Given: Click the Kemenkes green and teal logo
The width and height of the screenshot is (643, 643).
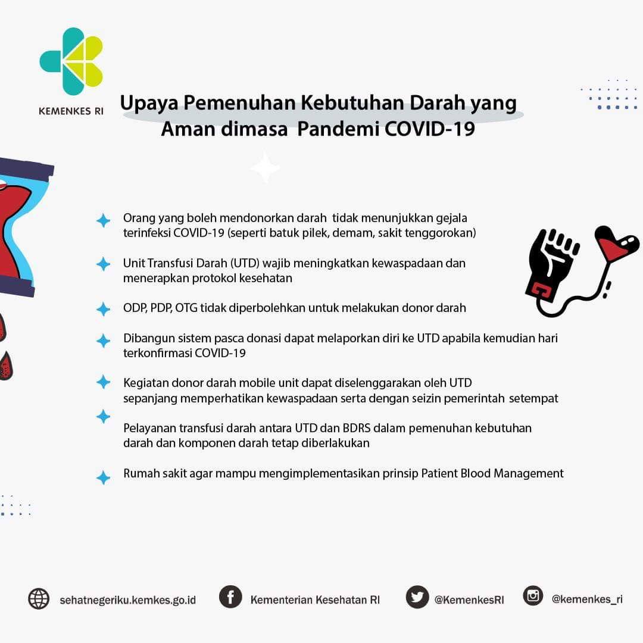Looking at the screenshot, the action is pyautogui.click(x=71, y=61).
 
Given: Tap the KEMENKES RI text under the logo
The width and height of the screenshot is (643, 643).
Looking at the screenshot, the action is pyautogui.click(x=71, y=111).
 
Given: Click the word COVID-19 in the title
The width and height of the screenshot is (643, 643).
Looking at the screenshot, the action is pyautogui.click(x=430, y=129).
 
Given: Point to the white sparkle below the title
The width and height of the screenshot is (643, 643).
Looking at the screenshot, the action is pyautogui.click(x=266, y=167).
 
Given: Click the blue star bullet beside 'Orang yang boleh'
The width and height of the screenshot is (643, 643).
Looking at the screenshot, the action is pyautogui.click(x=104, y=221).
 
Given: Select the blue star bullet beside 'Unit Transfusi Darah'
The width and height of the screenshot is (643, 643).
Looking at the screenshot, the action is pyautogui.click(x=104, y=264).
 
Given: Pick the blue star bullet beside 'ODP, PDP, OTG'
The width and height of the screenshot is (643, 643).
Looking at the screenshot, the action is pyautogui.click(x=104, y=309).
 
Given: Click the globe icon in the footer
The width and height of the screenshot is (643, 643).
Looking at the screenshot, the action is pyautogui.click(x=39, y=599).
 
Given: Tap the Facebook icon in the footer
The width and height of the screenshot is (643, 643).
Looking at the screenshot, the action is pyautogui.click(x=230, y=597).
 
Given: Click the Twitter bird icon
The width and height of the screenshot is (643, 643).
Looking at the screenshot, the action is pyautogui.click(x=417, y=597).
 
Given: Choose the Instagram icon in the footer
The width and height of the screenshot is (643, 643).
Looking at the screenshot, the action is pyautogui.click(x=533, y=595).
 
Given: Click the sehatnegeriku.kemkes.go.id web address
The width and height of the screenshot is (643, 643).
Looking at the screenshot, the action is pyautogui.click(x=128, y=600).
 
